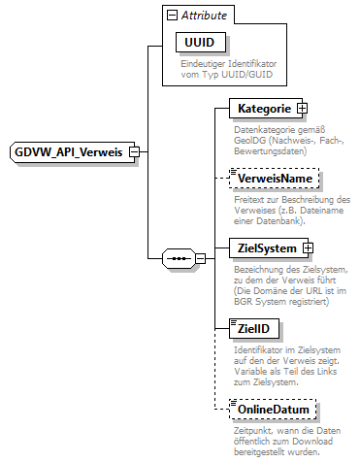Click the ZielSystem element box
(262, 248)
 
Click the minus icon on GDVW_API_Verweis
(134, 152)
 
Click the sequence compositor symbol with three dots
(180, 258)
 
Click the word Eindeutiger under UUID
(207, 64)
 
